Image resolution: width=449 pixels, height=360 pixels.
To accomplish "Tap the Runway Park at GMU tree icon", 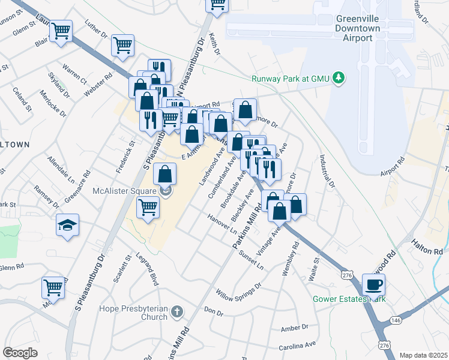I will [339, 77].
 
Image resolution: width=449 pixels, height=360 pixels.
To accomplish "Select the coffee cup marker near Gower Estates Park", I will [373, 284].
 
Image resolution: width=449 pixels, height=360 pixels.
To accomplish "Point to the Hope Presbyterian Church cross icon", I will [176, 311].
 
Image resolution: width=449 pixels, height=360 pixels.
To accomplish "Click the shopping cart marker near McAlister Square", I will [148, 208].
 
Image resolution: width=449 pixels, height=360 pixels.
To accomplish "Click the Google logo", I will [20, 353].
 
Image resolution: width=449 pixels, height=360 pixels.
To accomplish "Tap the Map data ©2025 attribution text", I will [423, 355].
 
